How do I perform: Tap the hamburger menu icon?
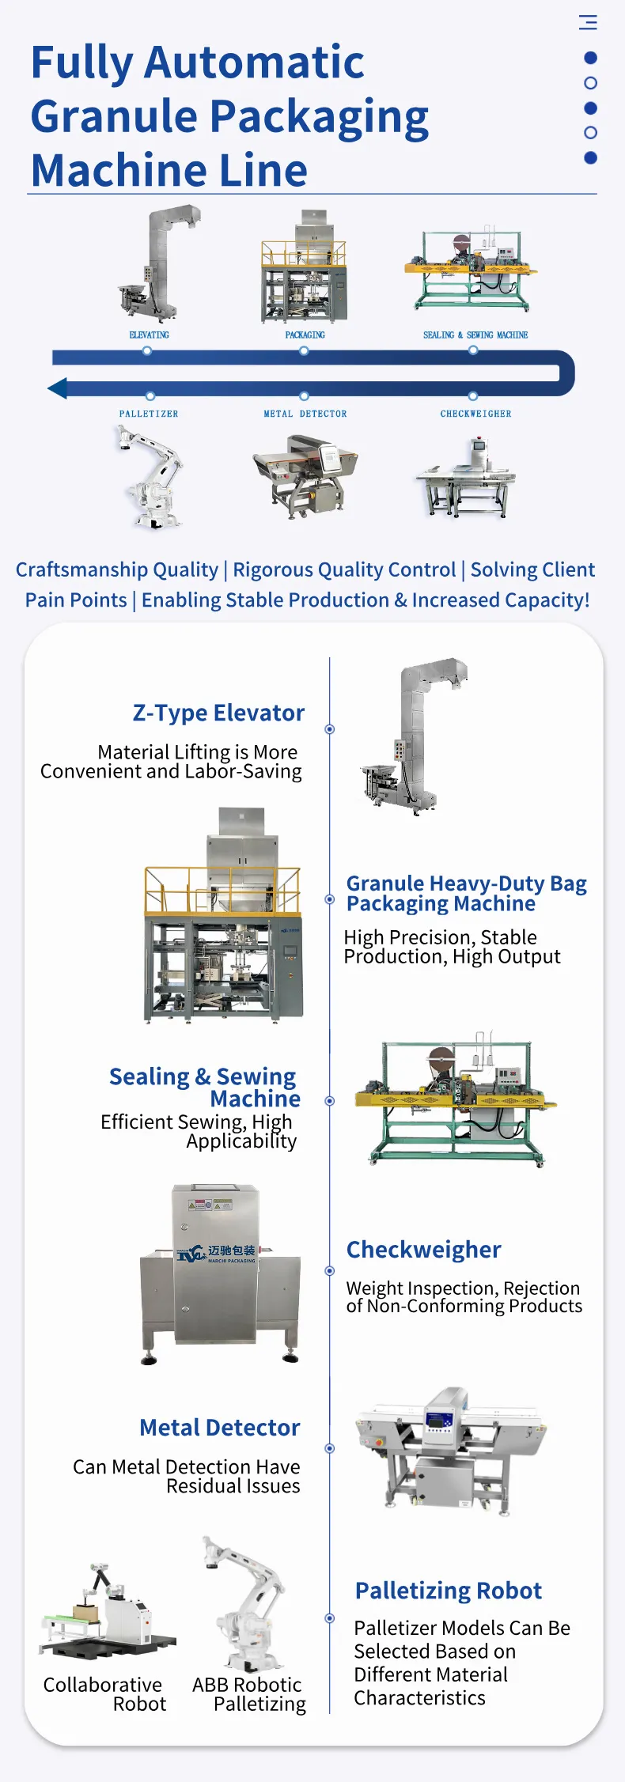(x=588, y=22)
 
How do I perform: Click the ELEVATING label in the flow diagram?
(x=149, y=335)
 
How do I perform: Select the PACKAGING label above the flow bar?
(x=305, y=335)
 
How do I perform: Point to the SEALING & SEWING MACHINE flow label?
(x=475, y=335)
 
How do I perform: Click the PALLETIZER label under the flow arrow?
(x=149, y=414)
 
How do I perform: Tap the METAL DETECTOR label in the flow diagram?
(x=305, y=414)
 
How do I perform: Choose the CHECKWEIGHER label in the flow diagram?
(x=475, y=414)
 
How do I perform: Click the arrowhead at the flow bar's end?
(x=57, y=388)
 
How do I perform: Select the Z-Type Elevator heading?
(x=218, y=713)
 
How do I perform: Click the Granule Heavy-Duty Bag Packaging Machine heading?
(x=466, y=894)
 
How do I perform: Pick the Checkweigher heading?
(x=423, y=1250)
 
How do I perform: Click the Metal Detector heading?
(x=220, y=1428)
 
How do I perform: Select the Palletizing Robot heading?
(x=448, y=1591)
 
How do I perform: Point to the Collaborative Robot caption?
(x=104, y=1694)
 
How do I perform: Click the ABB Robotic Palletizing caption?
(x=248, y=1694)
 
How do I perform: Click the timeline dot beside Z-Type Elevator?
(x=330, y=729)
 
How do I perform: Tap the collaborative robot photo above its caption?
(x=107, y=1611)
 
